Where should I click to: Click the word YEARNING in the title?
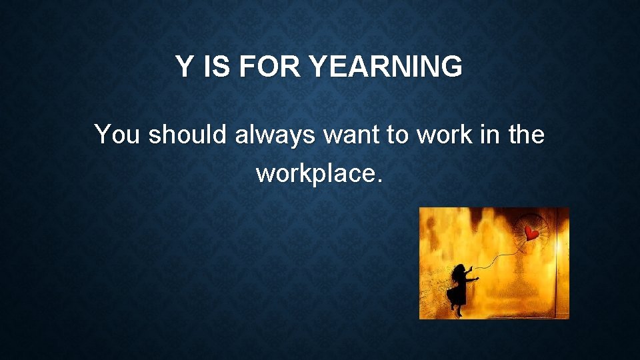(387, 67)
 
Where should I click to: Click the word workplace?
(315, 175)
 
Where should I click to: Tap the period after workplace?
(380, 181)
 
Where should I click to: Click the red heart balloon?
(531, 233)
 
